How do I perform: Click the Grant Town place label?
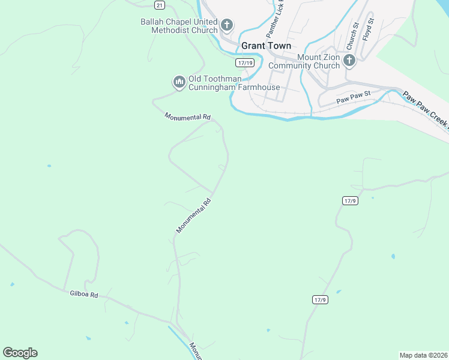[x=266, y=46]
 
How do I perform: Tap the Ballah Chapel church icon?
[x=227, y=25]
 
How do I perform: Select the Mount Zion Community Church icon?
[x=349, y=60]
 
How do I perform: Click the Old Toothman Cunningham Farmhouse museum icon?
[x=179, y=82]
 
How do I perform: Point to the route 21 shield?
[x=158, y=5]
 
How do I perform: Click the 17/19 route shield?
[x=246, y=62]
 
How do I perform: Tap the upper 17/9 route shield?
[x=351, y=200]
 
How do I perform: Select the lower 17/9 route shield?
[x=320, y=299]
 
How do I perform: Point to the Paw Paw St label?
[x=354, y=95]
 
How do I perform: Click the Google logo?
[x=20, y=353]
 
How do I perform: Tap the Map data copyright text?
[x=423, y=355]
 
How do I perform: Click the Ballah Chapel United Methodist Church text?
[x=179, y=26]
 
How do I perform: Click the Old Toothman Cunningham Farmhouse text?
[x=234, y=83]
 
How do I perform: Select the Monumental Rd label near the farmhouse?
[x=187, y=117]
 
